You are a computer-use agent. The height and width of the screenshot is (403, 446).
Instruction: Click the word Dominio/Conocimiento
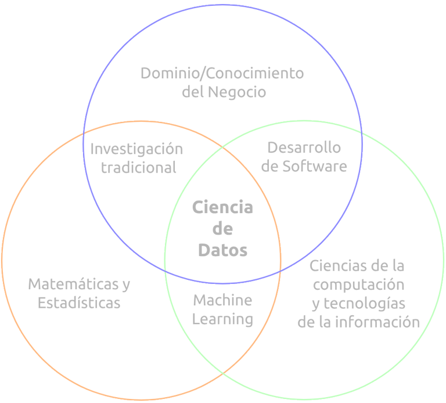click(222, 74)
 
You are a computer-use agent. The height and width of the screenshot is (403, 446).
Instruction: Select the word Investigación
click(137, 149)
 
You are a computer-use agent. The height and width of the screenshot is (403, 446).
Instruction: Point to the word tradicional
click(139, 167)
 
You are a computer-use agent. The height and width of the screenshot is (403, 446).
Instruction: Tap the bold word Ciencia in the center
click(222, 207)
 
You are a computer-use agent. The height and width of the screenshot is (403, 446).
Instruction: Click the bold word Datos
click(222, 250)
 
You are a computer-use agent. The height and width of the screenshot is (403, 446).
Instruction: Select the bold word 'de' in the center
click(222, 229)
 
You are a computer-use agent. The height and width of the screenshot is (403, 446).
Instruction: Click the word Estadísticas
click(79, 303)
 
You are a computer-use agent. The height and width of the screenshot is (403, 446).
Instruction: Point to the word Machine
click(222, 300)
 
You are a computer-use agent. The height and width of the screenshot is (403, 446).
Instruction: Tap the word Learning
click(222, 319)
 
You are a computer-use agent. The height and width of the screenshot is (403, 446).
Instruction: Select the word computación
click(358, 285)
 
